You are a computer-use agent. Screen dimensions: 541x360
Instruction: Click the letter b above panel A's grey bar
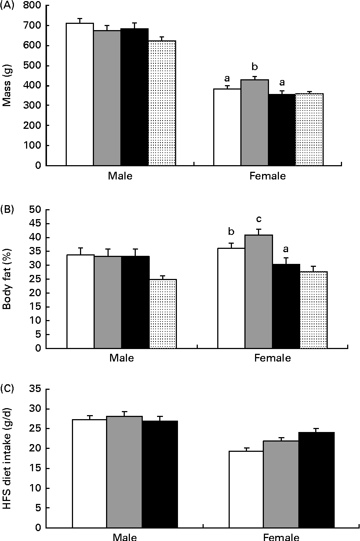(x=254, y=67)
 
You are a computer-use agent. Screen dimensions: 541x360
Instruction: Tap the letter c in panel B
(x=259, y=219)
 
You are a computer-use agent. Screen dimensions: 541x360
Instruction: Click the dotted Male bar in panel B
(x=163, y=314)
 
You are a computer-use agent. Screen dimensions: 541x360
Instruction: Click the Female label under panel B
(x=272, y=358)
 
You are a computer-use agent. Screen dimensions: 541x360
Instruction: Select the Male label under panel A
(x=120, y=176)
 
